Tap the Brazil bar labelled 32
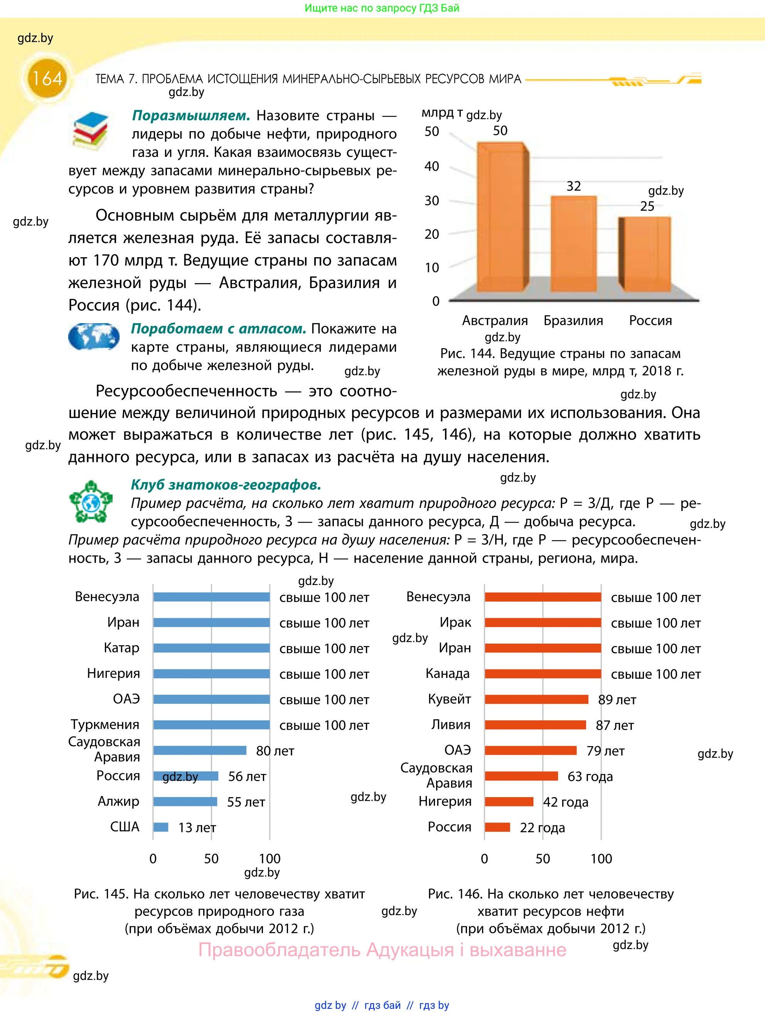[574, 244]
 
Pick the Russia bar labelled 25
[645, 254]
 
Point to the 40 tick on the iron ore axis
[431, 166]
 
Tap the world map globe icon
[94, 336]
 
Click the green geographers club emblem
[91, 502]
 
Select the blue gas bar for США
[161, 827]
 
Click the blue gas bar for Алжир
[185, 801]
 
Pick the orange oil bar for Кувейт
[536, 699]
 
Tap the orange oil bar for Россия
[497, 827]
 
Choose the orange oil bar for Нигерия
[509, 801]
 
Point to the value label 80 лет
[275, 751]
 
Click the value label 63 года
[590, 776]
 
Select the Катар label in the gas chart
[121, 647]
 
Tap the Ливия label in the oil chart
[451, 725]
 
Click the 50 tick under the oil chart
[543, 858]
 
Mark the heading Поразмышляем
[191, 115]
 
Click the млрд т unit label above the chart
[442, 113]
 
